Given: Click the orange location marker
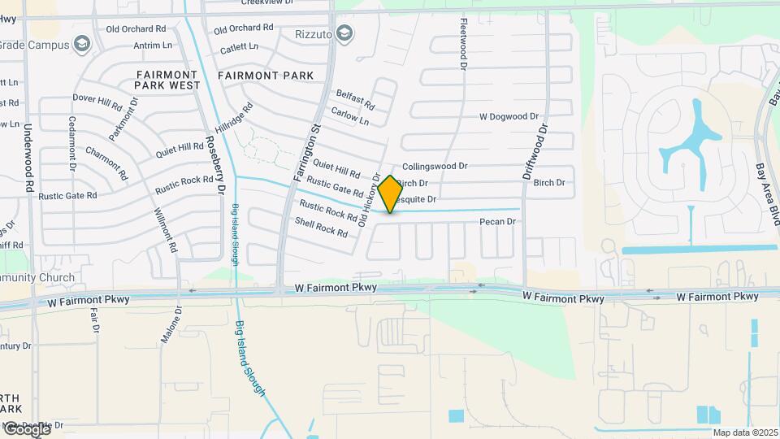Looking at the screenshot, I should (x=390, y=194).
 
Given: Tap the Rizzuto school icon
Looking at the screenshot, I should (x=344, y=33).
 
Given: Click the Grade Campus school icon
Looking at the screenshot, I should (x=81, y=44).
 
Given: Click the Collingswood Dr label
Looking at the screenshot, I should (x=435, y=166).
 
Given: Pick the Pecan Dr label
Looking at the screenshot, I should (x=498, y=221).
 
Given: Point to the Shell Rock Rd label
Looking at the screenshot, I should (x=321, y=227).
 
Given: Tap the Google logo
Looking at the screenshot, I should (x=26, y=428).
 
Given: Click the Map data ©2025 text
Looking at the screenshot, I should (x=744, y=432).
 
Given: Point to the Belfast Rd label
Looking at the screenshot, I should (x=355, y=100).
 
